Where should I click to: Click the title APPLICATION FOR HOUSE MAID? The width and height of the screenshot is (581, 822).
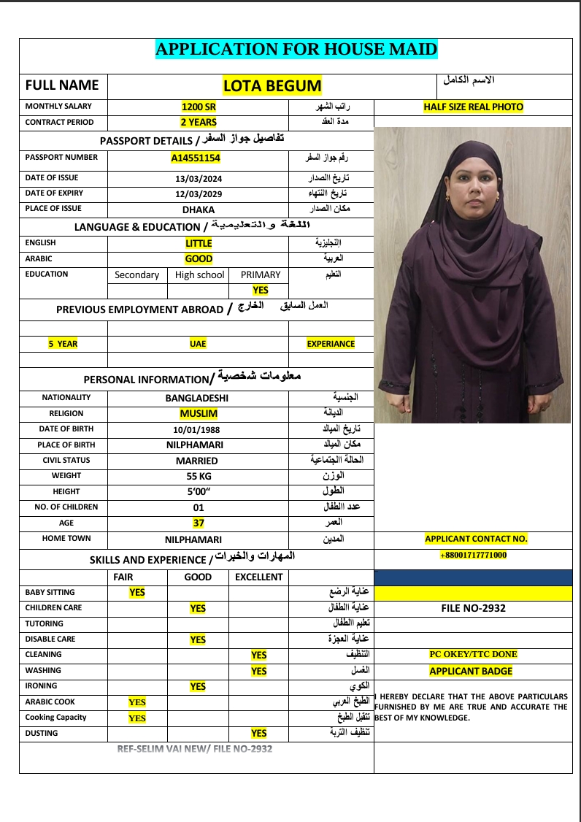click(x=296, y=50)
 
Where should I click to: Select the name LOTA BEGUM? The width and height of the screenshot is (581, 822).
click(x=272, y=86)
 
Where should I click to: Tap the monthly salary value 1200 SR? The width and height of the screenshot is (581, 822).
click(x=199, y=107)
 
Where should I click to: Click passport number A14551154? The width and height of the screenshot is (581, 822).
click(x=196, y=158)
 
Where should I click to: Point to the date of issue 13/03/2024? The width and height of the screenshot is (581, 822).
click(x=199, y=178)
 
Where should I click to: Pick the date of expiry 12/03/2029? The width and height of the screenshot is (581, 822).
click(x=199, y=194)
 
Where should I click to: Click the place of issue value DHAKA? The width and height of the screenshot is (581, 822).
click(x=199, y=210)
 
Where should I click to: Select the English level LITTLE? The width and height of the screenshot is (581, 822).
click(x=199, y=243)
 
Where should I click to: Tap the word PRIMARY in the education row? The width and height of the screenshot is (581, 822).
click(x=261, y=275)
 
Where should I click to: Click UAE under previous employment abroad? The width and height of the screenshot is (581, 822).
click(x=198, y=344)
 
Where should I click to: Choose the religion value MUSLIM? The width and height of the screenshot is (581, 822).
click(x=199, y=414)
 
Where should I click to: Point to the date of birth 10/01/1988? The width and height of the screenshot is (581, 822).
click(x=199, y=430)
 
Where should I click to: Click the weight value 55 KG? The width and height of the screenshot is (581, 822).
click(x=199, y=476)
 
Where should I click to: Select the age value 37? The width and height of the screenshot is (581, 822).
click(x=199, y=523)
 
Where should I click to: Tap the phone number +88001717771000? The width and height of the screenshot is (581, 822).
click(x=473, y=555)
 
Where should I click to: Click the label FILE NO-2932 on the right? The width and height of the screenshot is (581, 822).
click(x=473, y=608)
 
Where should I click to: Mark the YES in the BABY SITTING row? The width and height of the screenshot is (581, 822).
click(x=137, y=593)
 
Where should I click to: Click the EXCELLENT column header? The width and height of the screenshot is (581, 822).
click(x=258, y=577)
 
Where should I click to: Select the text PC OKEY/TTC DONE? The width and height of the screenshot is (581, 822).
click(x=473, y=654)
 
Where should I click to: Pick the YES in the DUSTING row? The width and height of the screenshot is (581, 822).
click(x=258, y=733)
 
